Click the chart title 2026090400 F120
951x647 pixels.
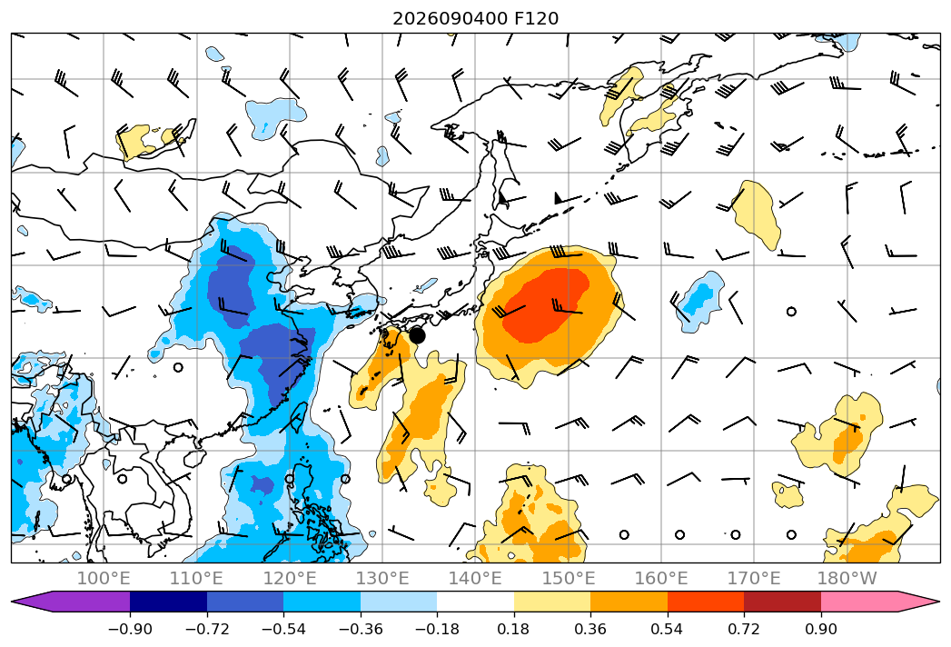pos(476,18)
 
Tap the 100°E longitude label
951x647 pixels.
pos(104,578)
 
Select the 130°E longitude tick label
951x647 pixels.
pos(382,578)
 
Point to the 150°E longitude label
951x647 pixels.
pos(569,578)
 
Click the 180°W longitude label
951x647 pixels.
pos(847,578)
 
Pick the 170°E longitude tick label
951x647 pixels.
pos(754,578)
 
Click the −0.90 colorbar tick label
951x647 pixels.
pos(130,629)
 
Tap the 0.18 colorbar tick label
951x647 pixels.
pos(514,629)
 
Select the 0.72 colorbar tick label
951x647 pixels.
pos(744,629)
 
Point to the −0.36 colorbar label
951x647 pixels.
pos(361,629)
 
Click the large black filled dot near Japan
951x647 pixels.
pos(417,335)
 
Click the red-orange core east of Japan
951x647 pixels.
pos(546,305)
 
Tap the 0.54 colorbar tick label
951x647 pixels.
pos(668,629)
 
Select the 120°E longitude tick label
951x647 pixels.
pos(290,578)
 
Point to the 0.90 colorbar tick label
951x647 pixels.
pos(821,629)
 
